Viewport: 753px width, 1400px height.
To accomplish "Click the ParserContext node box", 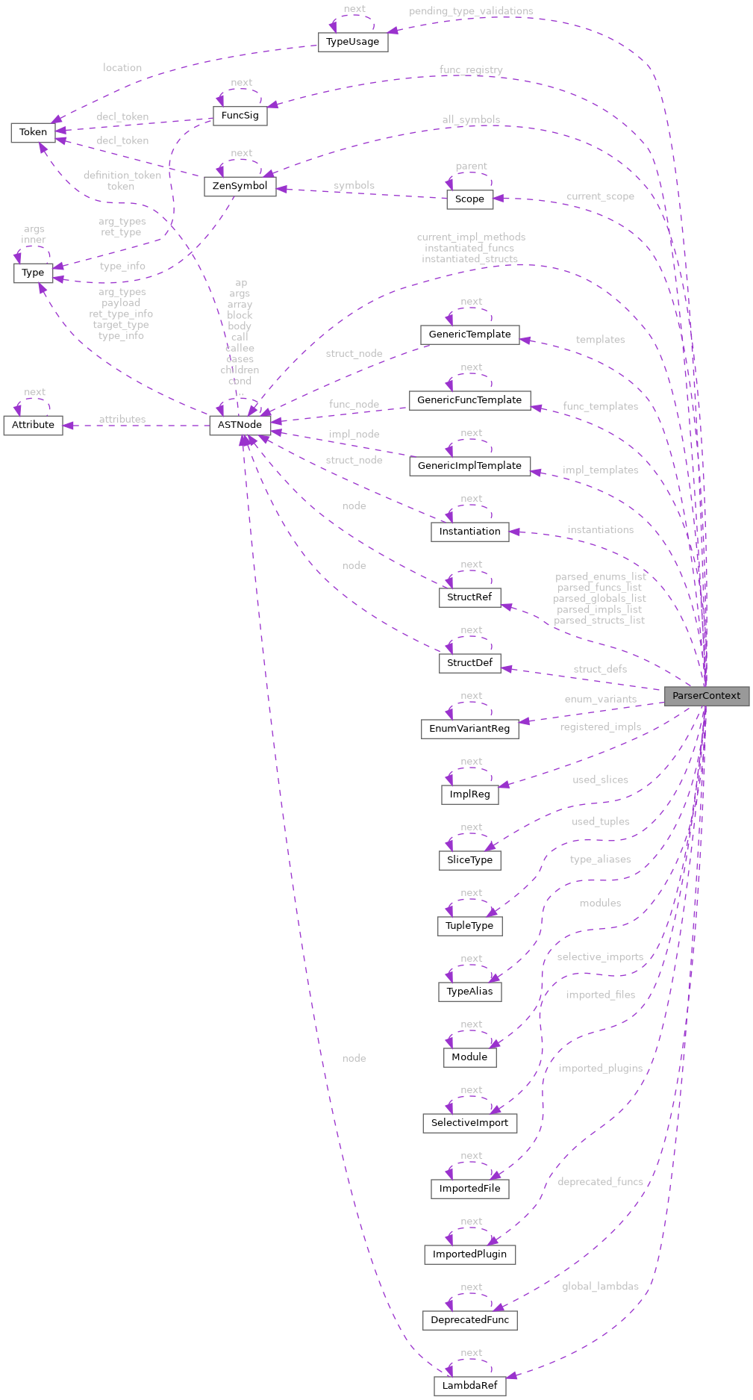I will click(x=706, y=696).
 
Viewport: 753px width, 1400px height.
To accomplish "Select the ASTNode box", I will click(x=240, y=425).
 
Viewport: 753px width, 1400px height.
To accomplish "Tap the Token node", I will click(x=33, y=132).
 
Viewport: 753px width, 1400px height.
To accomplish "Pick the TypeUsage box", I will click(x=352, y=42).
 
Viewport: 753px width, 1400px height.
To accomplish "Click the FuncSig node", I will click(x=240, y=116).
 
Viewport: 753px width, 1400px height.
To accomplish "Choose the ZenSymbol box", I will click(x=240, y=186).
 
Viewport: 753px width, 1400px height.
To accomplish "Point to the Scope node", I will click(x=469, y=199).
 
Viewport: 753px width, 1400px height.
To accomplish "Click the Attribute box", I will click(x=33, y=425).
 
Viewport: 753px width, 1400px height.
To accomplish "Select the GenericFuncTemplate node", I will click(x=469, y=400).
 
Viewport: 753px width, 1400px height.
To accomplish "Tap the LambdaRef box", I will click(x=469, y=1386).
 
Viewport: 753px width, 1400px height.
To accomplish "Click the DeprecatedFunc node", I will click(x=469, y=1320).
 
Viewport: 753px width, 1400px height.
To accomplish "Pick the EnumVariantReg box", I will click(x=469, y=729).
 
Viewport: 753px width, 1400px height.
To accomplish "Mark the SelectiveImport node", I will click(x=469, y=1123).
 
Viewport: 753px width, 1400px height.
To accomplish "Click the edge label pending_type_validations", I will click(x=471, y=11).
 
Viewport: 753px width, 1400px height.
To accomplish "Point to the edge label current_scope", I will click(x=600, y=196).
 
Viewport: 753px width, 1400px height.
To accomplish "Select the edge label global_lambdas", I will click(x=600, y=1287).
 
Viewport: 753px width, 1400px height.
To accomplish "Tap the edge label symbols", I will click(x=354, y=185).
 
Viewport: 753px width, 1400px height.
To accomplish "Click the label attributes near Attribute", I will click(x=122, y=419).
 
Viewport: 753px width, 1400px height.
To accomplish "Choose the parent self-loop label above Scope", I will click(x=471, y=166).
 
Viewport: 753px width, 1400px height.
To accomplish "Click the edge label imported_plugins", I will click(x=600, y=1068).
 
